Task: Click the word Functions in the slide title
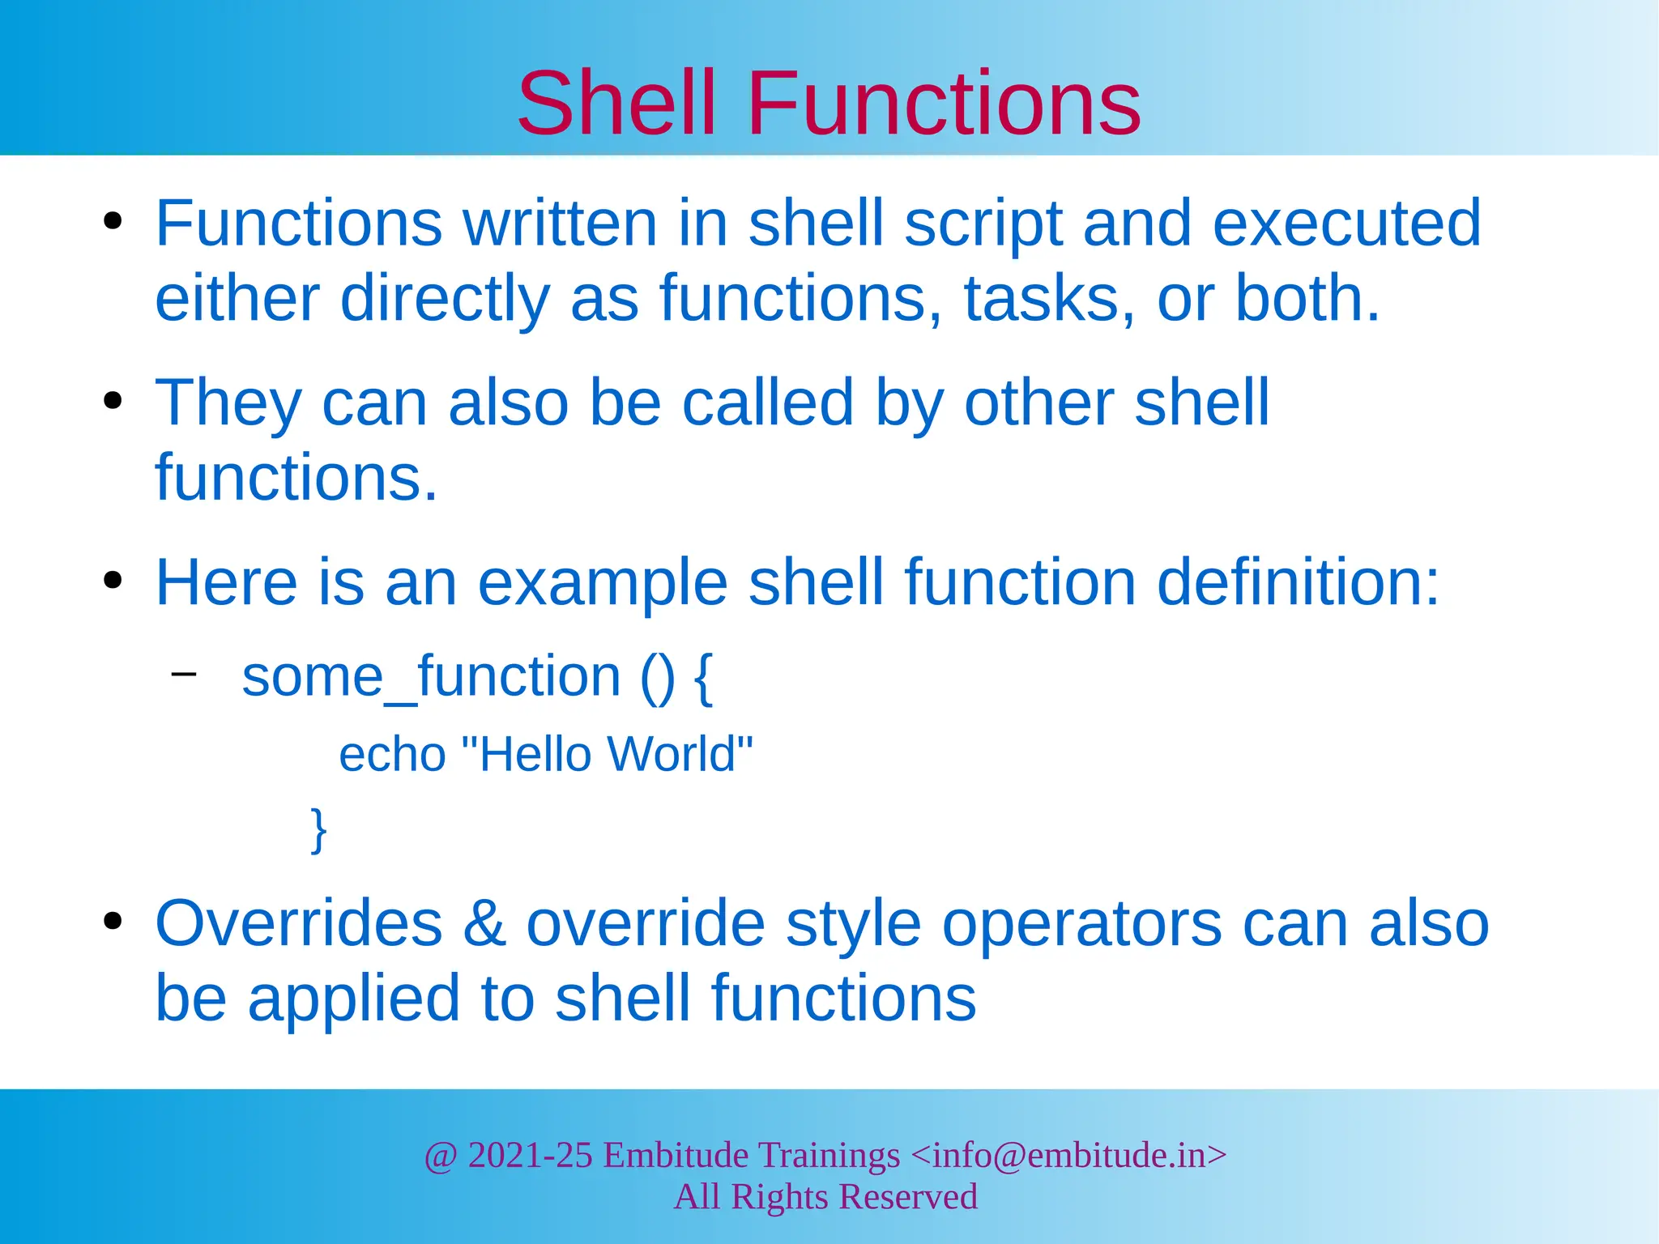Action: click(944, 104)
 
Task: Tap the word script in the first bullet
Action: click(982, 224)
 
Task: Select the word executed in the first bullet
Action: click(1346, 224)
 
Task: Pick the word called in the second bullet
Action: click(768, 403)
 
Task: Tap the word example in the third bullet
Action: click(603, 583)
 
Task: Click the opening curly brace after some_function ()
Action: click(704, 679)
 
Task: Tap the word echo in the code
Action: click(392, 755)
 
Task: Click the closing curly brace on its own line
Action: click(319, 829)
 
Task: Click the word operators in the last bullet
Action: click(1081, 924)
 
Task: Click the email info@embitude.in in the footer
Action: click(1068, 1155)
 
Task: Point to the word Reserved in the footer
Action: click(906, 1197)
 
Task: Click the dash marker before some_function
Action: click(184, 673)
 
